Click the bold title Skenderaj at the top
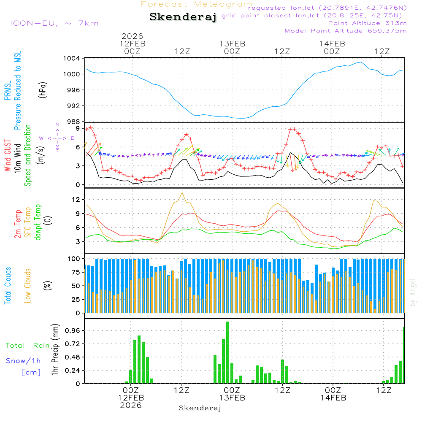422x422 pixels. (183, 17)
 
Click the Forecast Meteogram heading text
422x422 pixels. (197, 4)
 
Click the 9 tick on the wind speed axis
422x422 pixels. (78, 128)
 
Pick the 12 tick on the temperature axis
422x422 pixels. (76, 199)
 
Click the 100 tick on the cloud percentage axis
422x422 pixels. (74, 258)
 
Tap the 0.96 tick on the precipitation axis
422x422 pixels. (73, 330)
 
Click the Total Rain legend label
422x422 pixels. (27, 346)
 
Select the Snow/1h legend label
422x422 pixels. (24, 361)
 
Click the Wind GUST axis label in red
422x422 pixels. (8, 156)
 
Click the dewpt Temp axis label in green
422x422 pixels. (38, 222)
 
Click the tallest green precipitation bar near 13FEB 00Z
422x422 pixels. (227, 352)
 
